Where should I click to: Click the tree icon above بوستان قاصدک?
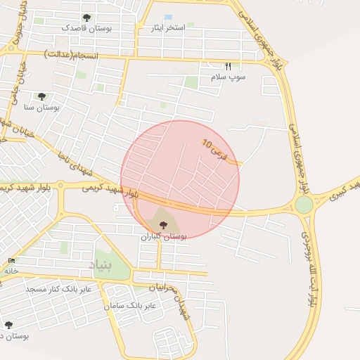point(86,18)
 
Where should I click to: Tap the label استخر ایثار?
point(169,27)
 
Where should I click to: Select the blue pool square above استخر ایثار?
point(167,17)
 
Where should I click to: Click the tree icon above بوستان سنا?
point(41,96)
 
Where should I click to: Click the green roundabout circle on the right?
point(304,205)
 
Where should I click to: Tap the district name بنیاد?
point(100,265)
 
